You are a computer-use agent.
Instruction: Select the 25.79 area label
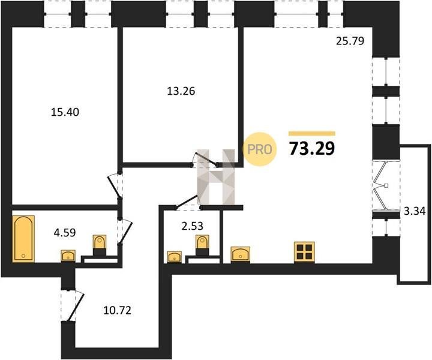(x=350, y=42)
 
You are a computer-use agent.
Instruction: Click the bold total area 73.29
(x=312, y=148)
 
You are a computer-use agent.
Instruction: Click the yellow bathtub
(x=23, y=238)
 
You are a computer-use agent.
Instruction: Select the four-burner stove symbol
(x=304, y=251)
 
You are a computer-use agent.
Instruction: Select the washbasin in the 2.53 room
(x=175, y=257)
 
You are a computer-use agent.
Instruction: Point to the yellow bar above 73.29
(x=312, y=133)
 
